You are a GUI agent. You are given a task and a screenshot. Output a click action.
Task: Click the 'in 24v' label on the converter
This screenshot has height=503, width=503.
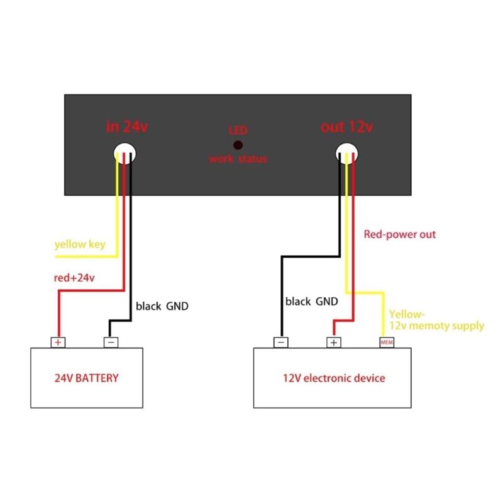[x=127, y=126]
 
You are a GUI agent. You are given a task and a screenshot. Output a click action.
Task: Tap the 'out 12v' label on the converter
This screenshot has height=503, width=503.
[x=346, y=126]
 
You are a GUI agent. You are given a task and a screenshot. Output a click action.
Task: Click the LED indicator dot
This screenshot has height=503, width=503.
[x=238, y=145]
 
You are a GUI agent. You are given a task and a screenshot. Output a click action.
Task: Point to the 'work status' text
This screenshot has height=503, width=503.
[x=238, y=159]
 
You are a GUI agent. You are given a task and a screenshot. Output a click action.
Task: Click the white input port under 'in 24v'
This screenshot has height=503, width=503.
[x=125, y=153]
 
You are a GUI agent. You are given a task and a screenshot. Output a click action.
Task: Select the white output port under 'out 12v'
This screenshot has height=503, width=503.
[x=348, y=153]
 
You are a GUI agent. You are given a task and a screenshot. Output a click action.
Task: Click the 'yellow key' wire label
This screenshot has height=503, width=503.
[x=80, y=244]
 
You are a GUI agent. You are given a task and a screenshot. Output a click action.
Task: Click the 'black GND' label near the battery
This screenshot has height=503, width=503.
[x=162, y=307]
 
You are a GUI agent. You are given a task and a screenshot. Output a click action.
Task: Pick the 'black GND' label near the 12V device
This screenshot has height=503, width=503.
[x=311, y=301]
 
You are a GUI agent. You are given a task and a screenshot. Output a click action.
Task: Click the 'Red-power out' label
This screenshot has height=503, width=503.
[x=400, y=235]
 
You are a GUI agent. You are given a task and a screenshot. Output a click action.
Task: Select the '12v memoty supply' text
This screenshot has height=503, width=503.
[x=437, y=326]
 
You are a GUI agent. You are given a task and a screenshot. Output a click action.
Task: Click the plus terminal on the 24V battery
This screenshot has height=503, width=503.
[x=58, y=343]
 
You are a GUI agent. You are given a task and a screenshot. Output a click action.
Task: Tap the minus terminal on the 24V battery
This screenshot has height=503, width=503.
[x=111, y=343]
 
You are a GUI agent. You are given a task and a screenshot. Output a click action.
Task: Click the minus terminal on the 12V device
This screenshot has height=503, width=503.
[x=281, y=343]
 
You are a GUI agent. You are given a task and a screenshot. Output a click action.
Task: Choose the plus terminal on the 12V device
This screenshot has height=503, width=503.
[x=333, y=343]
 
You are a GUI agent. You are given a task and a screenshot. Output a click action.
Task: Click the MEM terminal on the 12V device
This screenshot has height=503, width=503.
[x=386, y=343]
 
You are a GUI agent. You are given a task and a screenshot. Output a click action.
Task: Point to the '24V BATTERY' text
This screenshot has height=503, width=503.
[x=87, y=379]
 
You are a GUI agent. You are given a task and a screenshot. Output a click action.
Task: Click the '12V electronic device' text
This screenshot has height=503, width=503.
[x=334, y=379]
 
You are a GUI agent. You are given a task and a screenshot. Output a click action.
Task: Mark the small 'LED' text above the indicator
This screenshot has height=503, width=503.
[x=238, y=131]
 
